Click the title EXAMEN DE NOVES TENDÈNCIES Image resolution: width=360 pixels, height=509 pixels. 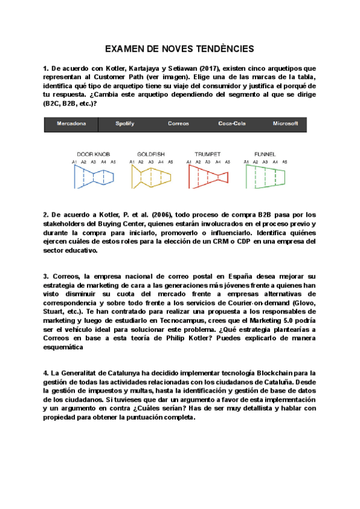point(179,49)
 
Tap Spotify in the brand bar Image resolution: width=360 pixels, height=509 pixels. point(125,124)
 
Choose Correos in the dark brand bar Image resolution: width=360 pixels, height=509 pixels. point(178,124)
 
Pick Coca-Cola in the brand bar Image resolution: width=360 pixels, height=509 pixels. point(232,124)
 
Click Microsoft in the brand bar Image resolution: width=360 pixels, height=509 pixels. point(285,124)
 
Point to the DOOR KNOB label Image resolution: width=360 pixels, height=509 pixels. point(94,154)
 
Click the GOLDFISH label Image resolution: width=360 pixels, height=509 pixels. point(151,154)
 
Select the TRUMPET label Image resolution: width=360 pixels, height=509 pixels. point(208,154)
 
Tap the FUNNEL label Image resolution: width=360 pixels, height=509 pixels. point(265,154)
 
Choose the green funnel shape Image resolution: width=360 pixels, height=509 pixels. point(265,178)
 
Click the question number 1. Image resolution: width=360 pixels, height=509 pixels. point(46,69)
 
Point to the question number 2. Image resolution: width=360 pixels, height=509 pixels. point(46,215)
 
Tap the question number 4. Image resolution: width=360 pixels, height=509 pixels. point(46,373)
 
